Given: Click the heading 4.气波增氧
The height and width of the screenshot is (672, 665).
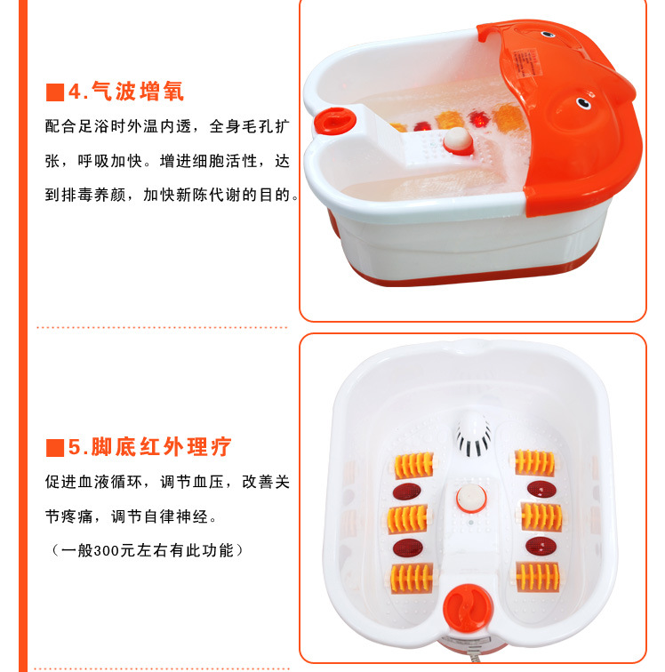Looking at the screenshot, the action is tap(126, 92).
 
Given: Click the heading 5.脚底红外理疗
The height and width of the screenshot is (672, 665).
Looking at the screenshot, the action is tap(149, 447).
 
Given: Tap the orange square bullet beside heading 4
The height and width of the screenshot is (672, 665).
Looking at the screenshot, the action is tap(55, 92).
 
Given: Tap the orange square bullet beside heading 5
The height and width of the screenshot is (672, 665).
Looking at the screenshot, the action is tap(55, 448).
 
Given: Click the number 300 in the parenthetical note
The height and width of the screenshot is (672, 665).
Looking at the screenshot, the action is tap(107, 551).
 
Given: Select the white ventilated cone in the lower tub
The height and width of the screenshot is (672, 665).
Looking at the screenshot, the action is tap(473, 433).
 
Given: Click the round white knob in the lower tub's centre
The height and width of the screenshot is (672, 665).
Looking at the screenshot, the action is tap(471, 499).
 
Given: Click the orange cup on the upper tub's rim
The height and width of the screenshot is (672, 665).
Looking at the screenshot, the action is tap(334, 120).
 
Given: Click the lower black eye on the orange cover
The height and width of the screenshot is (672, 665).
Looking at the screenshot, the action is tap(583, 102).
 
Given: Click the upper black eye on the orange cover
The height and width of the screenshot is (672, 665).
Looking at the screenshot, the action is tap(547, 35).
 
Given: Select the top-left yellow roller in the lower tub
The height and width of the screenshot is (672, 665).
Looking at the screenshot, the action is tap(413, 465).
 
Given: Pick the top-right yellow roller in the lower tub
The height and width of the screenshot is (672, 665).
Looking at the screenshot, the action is tap(534, 462).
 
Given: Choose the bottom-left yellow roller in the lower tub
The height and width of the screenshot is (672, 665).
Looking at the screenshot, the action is tap(411, 578).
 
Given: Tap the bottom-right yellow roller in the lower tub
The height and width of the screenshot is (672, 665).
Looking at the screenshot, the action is tap(538, 577).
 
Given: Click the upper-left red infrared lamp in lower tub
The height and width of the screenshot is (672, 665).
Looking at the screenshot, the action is tap(407, 492).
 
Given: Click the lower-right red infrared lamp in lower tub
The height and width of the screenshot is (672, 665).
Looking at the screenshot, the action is tap(541, 546).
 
